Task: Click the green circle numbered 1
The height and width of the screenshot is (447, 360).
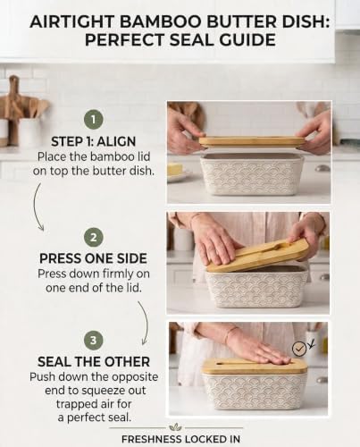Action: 93,120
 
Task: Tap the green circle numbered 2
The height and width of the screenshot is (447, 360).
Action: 93,238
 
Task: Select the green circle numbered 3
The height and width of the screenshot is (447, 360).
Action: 93,341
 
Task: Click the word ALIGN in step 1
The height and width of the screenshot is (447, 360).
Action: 116,141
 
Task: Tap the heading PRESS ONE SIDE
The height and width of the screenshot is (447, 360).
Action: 93,258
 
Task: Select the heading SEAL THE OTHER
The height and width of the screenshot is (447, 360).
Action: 94,362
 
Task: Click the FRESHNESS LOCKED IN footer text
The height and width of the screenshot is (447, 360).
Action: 180,439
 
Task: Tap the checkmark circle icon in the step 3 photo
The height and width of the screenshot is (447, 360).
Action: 299,349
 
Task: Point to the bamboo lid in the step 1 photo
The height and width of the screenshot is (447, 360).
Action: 252,141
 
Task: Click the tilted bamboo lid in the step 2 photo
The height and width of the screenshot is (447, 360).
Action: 257,256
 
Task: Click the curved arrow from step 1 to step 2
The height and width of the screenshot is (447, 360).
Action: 37,207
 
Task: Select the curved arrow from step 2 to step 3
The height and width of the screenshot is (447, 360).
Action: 145,323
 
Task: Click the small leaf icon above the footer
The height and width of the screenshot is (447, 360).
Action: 175,427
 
